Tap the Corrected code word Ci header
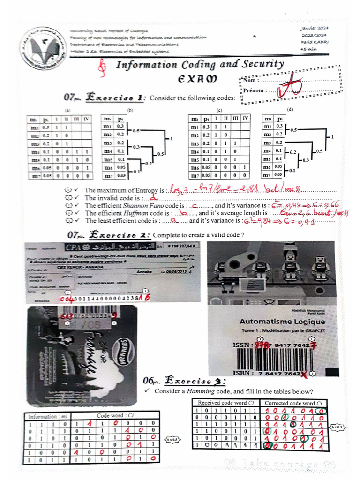coord(293,403)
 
